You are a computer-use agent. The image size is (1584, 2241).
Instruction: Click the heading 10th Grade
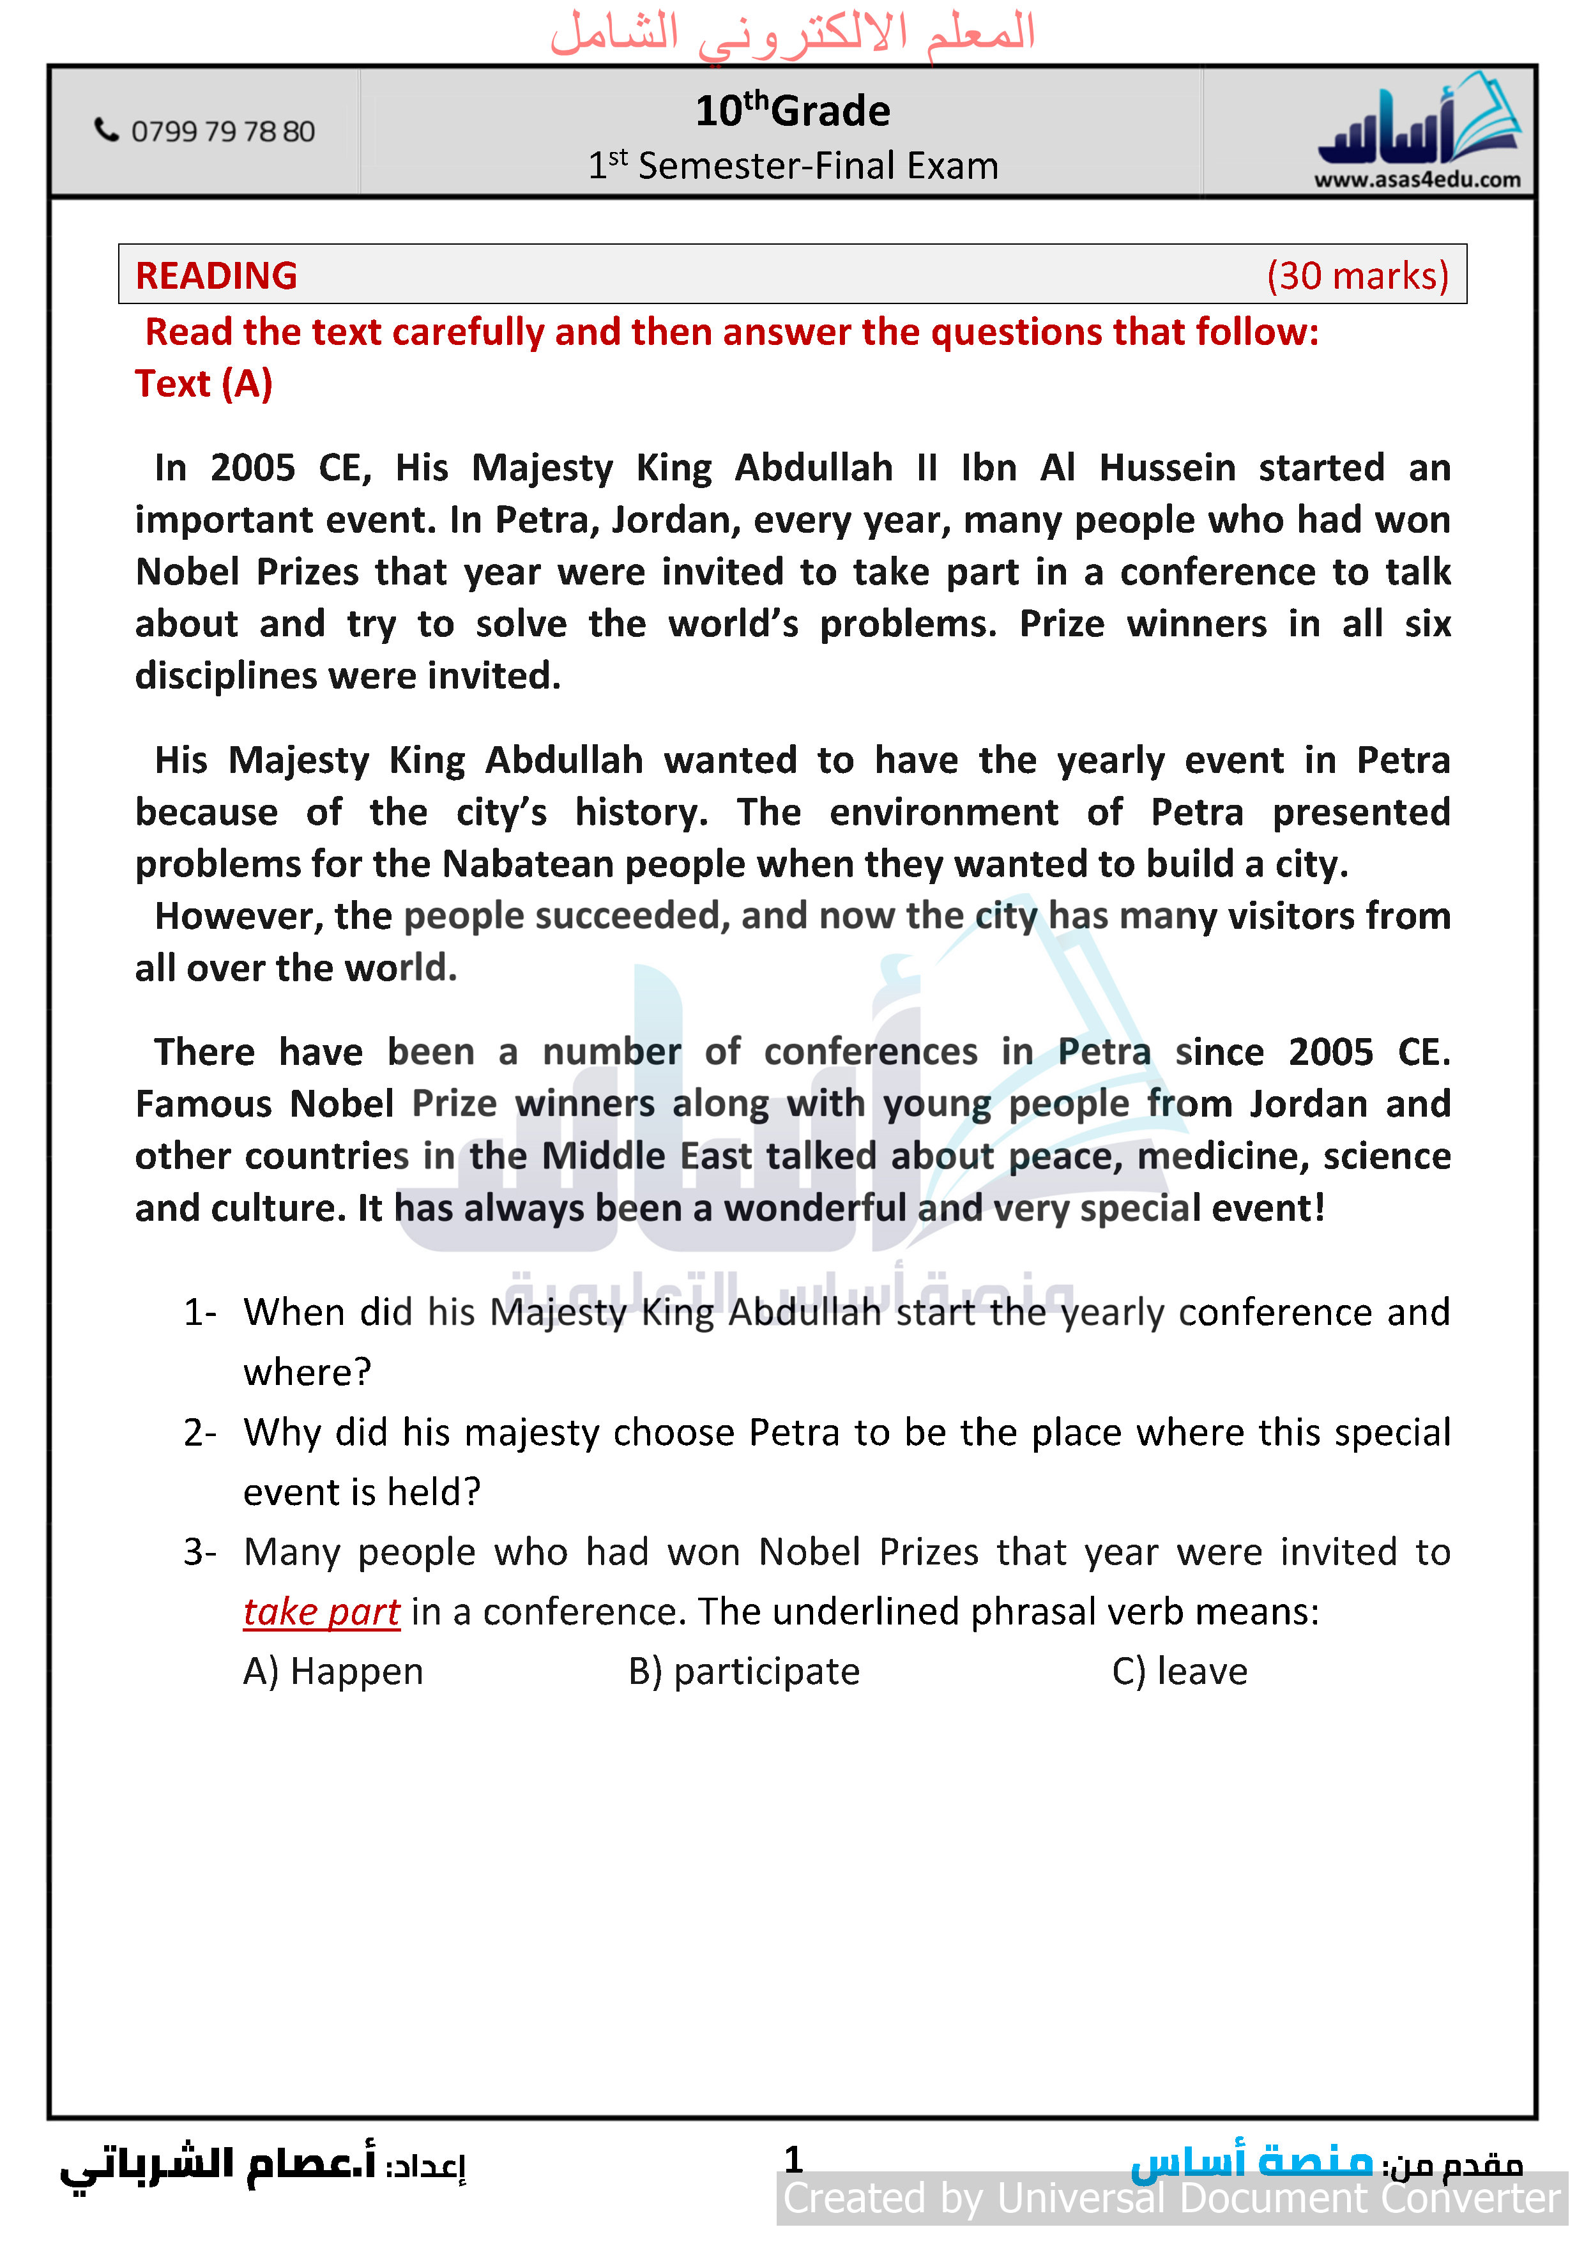793,111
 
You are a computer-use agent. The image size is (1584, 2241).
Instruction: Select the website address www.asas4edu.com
1417,180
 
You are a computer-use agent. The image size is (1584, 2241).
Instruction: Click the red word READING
216,275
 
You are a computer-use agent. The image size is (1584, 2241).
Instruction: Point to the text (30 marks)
1357,275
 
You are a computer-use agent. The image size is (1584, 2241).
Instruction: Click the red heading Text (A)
203,383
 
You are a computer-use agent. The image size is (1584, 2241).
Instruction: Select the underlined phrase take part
321,1612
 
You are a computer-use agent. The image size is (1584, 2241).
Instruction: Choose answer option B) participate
743,1672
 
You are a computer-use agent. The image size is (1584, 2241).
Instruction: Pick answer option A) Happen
333,1672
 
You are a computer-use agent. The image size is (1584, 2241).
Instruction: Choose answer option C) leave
1179,1672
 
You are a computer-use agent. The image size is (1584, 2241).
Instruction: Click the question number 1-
200,1313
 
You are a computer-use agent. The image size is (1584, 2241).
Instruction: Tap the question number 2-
200,1433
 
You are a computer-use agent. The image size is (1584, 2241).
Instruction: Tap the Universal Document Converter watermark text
1171,2198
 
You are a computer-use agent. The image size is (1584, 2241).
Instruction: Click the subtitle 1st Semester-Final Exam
793,166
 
